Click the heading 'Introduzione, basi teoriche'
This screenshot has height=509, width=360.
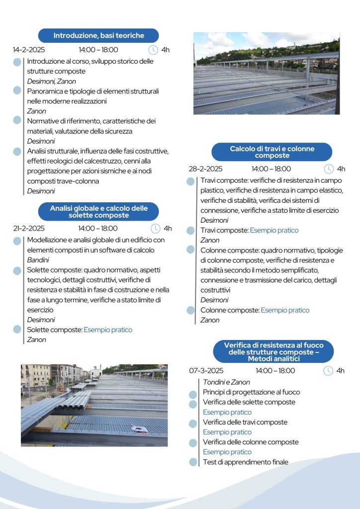click(x=98, y=36)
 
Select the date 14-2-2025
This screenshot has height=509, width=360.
click(x=29, y=50)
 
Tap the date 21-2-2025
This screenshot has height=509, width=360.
click(x=29, y=229)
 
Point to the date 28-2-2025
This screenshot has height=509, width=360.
click(x=205, y=169)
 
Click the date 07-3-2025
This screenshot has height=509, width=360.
click(x=206, y=371)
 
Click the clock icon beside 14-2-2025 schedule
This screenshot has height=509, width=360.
click(x=153, y=50)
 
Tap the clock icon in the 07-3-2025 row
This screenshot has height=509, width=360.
click(x=328, y=371)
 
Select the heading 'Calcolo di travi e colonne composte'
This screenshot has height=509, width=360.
click(x=272, y=152)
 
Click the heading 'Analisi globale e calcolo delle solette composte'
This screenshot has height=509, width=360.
click(x=98, y=212)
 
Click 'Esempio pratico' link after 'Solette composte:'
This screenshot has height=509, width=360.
click(x=108, y=330)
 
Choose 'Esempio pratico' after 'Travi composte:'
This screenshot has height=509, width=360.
click(x=274, y=231)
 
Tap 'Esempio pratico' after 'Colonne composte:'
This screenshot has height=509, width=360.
click(x=285, y=310)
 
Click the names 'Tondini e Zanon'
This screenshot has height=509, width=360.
click(x=226, y=382)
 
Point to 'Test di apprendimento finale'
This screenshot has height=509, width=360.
click(x=245, y=462)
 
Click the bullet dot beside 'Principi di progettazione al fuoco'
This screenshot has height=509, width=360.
click(x=193, y=394)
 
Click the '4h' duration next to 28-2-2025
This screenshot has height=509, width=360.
click(x=341, y=169)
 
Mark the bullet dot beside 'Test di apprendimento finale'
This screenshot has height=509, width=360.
click(x=193, y=463)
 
